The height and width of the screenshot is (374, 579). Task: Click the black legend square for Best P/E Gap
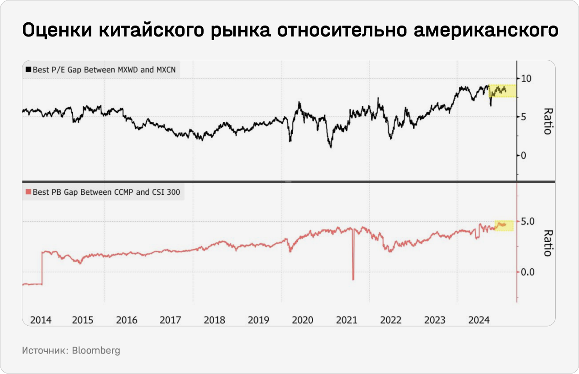[x=28, y=70]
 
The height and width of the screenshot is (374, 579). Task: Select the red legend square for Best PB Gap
[x=28, y=192]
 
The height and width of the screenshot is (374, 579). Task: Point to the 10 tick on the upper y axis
[x=526, y=78]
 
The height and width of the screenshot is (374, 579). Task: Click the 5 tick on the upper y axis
[x=524, y=117]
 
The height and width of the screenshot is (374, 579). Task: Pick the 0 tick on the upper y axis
[x=524, y=156]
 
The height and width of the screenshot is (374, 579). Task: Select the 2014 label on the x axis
[x=41, y=320]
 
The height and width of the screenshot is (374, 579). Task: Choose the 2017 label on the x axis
[x=170, y=320]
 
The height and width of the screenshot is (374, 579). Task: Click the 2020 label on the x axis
[x=302, y=320]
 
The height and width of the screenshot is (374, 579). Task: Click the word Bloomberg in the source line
[x=96, y=351]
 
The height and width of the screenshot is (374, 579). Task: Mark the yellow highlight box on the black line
[x=502, y=90]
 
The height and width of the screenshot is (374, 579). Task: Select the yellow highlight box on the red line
[x=504, y=225]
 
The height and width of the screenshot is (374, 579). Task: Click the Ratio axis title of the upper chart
[x=547, y=121]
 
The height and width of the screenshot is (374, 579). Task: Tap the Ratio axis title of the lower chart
[x=547, y=243]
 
